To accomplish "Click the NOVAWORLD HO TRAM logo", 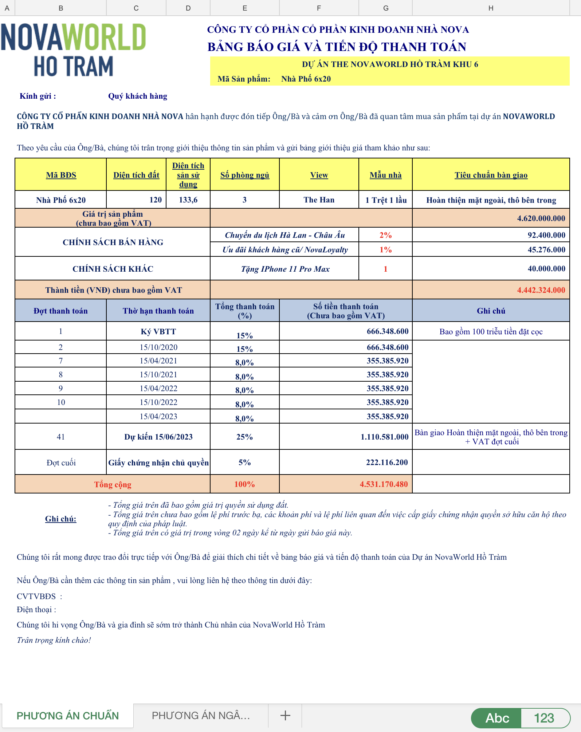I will (x=74, y=50).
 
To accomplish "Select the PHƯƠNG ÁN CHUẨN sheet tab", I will (x=68, y=716).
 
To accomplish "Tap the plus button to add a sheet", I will (x=285, y=716).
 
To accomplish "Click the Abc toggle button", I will (x=497, y=718).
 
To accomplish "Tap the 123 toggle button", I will (x=544, y=718).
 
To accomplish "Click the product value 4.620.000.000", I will (x=541, y=219).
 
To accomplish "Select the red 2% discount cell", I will (x=385, y=235).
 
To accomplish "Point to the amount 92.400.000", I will (x=546, y=235).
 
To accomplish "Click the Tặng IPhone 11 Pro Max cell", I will (x=285, y=269).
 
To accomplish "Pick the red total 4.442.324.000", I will (x=541, y=290).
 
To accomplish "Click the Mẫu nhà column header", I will (x=385, y=175).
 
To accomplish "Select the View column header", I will (x=319, y=175).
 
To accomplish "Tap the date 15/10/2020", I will (x=158, y=347).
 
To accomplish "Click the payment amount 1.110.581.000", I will (x=384, y=437).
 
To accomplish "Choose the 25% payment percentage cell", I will (x=244, y=437).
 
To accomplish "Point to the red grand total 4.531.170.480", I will (x=384, y=484).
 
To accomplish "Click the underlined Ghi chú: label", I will (x=60, y=519).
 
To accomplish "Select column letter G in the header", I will (x=386, y=8).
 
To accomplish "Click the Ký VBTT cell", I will (x=158, y=332).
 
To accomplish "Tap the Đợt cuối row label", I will (x=61, y=463).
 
